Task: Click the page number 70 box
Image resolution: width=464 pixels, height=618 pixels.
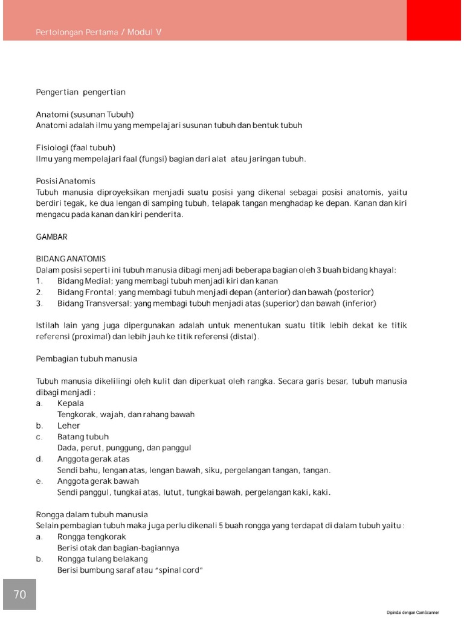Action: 19,594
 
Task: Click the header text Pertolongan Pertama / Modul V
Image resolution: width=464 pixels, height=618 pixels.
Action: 98,32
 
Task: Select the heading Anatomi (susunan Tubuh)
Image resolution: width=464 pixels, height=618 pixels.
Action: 85,114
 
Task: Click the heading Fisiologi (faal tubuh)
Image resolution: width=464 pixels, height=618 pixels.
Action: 76,148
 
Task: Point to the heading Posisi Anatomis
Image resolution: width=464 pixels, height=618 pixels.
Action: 65,181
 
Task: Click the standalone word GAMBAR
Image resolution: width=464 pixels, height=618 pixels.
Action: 52,237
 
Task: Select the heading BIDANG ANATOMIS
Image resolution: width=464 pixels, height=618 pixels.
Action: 71,259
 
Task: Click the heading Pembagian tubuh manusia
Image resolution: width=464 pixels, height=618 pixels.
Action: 86,359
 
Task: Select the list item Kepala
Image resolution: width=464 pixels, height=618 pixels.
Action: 70,403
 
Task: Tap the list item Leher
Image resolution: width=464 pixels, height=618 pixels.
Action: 68,425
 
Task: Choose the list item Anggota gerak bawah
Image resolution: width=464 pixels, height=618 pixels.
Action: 98,481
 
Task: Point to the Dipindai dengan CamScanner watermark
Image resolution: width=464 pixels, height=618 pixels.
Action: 413,612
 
